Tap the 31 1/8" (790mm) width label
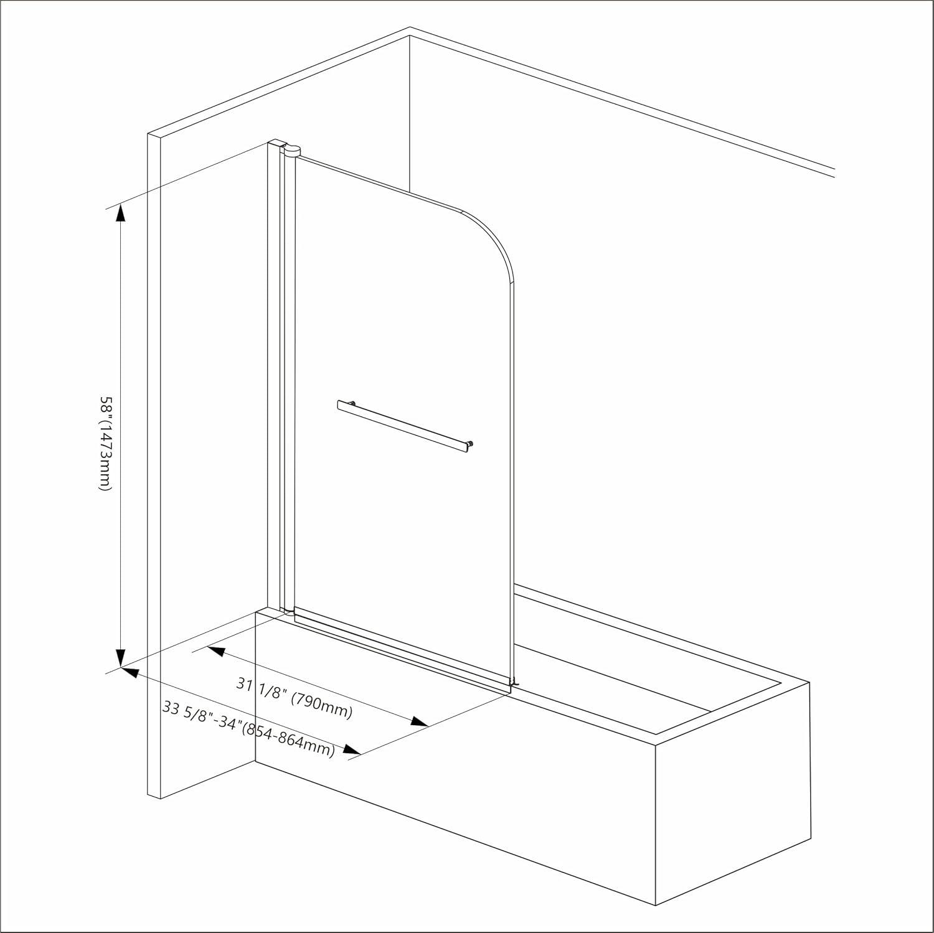(x=295, y=697)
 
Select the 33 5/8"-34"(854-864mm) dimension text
(x=248, y=729)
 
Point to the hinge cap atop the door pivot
(x=291, y=149)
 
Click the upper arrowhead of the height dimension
(x=120, y=213)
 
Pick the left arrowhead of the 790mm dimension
(x=215, y=651)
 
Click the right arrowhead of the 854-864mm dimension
(x=352, y=751)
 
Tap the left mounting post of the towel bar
(x=352, y=403)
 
